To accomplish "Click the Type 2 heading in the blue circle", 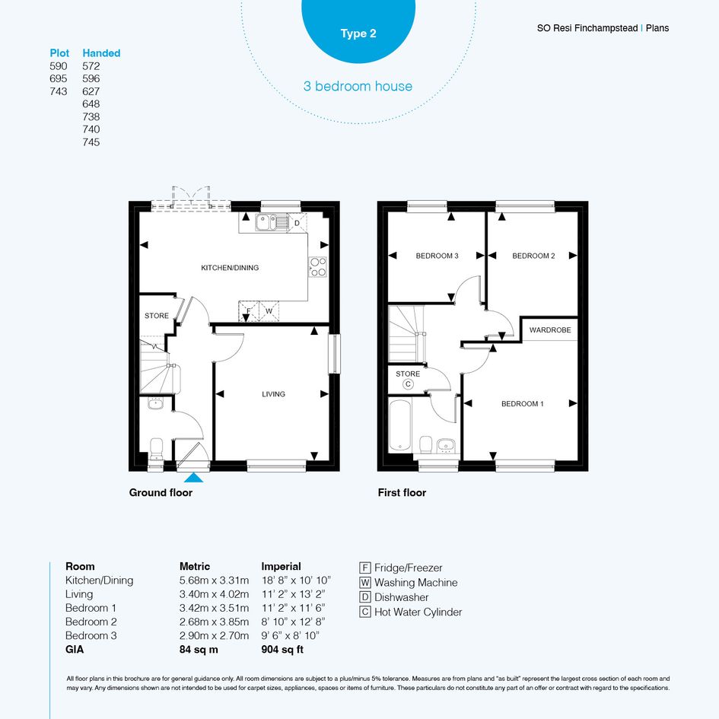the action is point(358,33).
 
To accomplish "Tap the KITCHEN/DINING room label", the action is point(230,268).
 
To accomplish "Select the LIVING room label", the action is point(273,394).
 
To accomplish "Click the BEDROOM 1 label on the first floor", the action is point(522,403).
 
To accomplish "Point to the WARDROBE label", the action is point(550,329).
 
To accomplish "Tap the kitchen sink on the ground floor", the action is point(272,222).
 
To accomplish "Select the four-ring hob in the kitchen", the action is point(317,267).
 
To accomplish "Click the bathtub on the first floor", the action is point(400,425).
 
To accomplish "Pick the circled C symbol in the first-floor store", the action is point(408,384).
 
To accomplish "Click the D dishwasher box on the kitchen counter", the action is point(297,223).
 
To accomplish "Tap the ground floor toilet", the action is point(157,448).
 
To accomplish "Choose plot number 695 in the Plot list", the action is point(59,78).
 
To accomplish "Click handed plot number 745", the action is point(91,142).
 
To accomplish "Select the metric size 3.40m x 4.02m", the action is point(214,593).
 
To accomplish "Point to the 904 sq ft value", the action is point(282,649).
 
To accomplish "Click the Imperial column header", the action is point(281,566).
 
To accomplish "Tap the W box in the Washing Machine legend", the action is point(365,582).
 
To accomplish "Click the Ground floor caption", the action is point(161,492).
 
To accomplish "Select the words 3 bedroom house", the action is point(358,86).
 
